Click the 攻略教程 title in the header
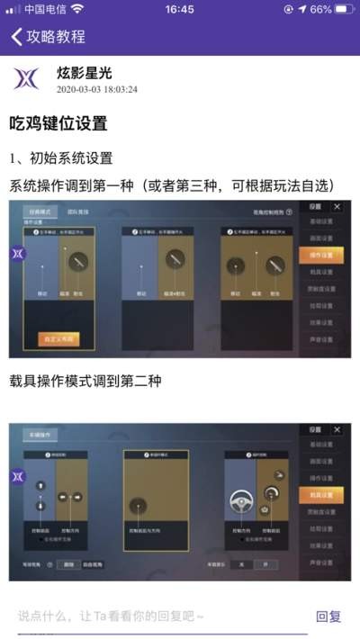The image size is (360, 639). pos(56,37)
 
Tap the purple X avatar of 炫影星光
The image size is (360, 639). pos(26,78)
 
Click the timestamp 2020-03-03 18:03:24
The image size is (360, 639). pos(96,90)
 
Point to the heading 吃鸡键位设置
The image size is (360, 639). pos(58,123)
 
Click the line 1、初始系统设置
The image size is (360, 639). pos(61,157)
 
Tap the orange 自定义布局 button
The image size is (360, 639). pos(59,338)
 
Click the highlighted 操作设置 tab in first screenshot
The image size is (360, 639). pos(321,255)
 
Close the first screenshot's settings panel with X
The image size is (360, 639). pos(337,206)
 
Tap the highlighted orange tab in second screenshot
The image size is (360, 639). pos(321,494)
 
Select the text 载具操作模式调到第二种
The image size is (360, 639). pos(85,381)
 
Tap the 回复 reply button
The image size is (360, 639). pos(328,616)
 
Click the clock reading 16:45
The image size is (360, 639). pos(180,9)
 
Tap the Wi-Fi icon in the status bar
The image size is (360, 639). pos(77,9)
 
